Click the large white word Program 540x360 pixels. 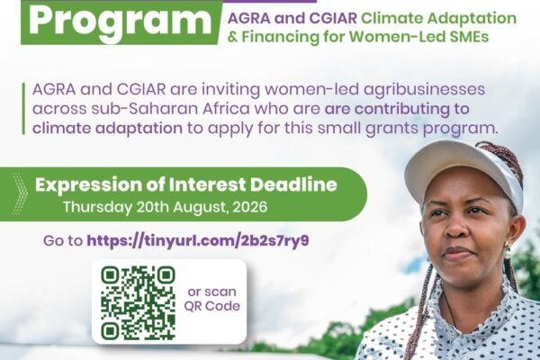click(120, 22)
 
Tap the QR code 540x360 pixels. click(138, 303)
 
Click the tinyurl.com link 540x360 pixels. click(198, 241)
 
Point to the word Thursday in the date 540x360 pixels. click(98, 207)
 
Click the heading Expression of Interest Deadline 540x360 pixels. click(186, 185)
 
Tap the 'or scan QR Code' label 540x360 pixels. click(211, 299)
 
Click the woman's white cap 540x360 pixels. click(463, 172)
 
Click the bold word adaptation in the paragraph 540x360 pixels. click(139, 129)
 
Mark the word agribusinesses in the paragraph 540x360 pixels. click(424, 90)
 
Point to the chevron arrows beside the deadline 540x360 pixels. click(20, 194)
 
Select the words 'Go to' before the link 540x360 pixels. click(63, 241)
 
